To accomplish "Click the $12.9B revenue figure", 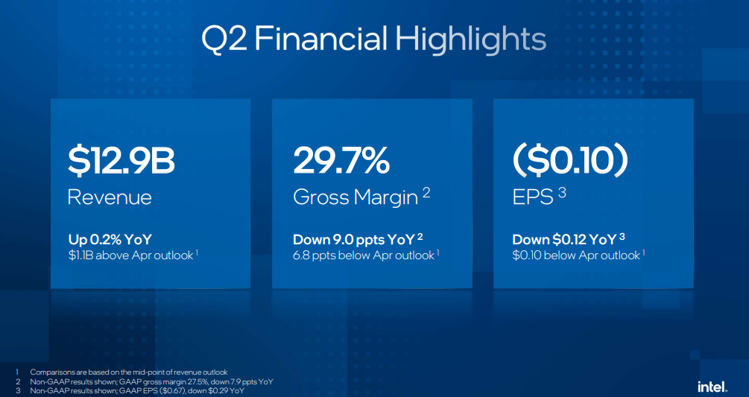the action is (121, 161).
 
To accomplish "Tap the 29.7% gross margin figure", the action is (341, 160).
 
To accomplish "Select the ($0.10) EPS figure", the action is (570, 161).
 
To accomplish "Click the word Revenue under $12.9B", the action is (110, 197).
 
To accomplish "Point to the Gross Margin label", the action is (355, 197).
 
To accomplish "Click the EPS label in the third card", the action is (533, 197).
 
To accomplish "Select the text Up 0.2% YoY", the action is (110, 240).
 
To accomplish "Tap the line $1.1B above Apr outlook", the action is (131, 255).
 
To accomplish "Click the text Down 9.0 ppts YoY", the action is (354, 240).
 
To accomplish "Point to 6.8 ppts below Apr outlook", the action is (364, 255).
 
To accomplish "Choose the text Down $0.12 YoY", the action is (565, 240).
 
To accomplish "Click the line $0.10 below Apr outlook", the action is (576, 255).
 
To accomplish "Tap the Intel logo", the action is (712, 387).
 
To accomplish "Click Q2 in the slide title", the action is (224, 39).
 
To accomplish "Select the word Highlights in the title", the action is (470, 40).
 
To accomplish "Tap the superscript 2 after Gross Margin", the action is (426, 192).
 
